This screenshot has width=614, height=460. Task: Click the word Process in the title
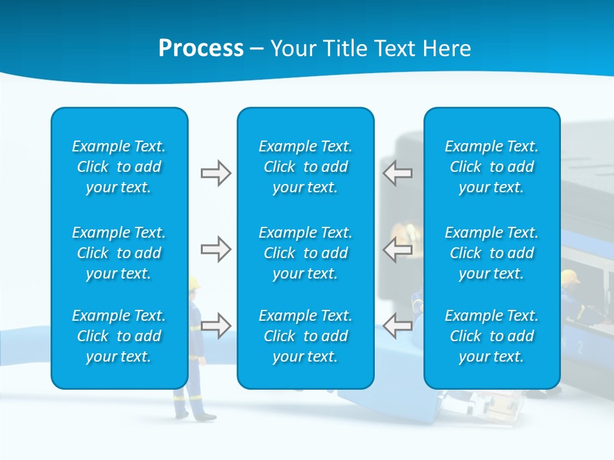[x=201, y=49]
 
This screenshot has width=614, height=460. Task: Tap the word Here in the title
[x=446, y=49]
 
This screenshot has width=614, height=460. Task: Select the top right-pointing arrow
[x=216, y=173]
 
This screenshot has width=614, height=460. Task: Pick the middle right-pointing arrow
[x=216, y=249]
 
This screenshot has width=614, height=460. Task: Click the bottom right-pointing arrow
[x=216, y=325]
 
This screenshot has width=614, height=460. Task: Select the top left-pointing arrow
[x=397, y=173]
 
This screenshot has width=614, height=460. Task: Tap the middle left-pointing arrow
[x=397, y=249]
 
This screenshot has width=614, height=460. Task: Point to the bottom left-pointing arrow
[x=397, y=325]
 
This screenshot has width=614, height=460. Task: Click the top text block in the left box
[x=119, y=167]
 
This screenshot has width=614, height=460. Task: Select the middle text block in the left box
[x=119, y=253]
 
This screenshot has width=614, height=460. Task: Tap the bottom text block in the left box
[x=119, y=336]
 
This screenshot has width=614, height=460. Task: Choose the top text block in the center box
[x=306, y=167]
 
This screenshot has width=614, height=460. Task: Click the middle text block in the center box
[x=306, y=253]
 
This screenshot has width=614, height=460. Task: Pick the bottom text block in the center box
[x=306, y=336]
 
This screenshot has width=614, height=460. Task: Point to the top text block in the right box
[x=492, y=167]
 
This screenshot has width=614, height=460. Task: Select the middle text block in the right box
[x=492, y=253]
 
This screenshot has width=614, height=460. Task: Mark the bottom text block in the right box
[x=492, y=336]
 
